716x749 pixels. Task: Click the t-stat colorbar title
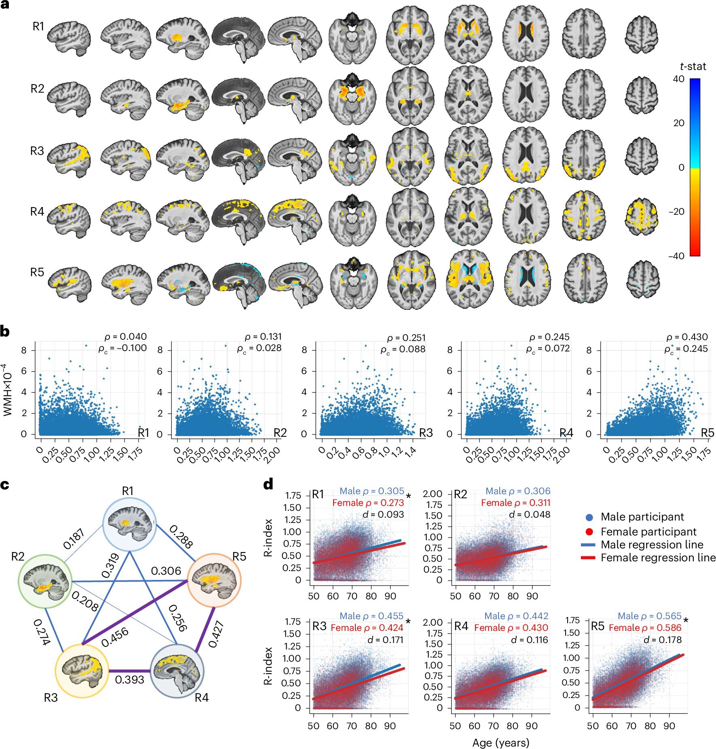pos(693,67)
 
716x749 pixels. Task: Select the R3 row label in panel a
pos(37,151)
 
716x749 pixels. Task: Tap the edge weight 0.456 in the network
pos(115,637)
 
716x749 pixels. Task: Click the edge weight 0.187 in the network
pos(74,539)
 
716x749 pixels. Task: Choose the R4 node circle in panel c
pos(177,671)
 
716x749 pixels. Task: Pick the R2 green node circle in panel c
pos(45,581)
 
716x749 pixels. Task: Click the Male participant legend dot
pos(589,517)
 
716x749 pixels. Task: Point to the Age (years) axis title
pos(501,743)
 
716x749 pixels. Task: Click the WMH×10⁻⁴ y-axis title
pos(8,390)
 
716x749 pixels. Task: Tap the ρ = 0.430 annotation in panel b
pos(687,337)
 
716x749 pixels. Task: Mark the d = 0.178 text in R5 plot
pos(662,639)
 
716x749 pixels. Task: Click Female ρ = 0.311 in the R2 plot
pos(515,503)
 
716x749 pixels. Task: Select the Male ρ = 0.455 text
pos(371,616)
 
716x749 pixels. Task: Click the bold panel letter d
pos(268,484)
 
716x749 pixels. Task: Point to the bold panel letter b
pos(5,331)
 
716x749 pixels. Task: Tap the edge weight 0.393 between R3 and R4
pos(129,679)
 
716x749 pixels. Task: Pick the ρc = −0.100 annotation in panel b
pos(123,348)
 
